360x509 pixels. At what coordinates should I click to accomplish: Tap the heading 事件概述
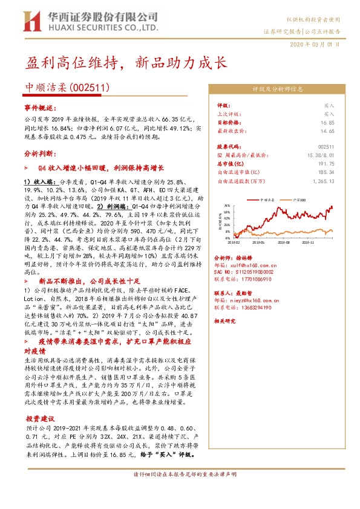click(x=34, y=108)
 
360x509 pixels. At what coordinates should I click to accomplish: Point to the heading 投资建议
click(x=40, y=419)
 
